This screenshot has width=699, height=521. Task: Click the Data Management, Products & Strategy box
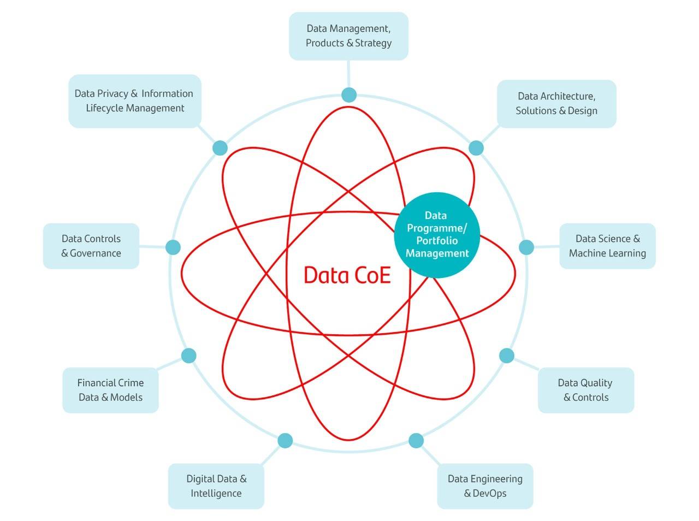[348, 36]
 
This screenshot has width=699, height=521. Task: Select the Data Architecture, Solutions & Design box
[556, 104]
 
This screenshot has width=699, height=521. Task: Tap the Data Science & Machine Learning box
[607, 246]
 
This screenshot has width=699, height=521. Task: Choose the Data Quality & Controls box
[585, 390]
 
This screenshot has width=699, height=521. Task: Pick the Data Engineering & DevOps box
[485, 486]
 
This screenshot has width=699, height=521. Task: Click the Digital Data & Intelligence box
[216, 486]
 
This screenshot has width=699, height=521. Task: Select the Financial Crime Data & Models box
[110, 390]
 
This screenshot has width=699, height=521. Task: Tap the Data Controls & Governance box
[91, 246]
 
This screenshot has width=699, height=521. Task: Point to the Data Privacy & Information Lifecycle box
[134, 101]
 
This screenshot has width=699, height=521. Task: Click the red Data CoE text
[347, 275]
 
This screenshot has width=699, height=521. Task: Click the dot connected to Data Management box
[349, 95]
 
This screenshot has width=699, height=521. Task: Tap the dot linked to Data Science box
[526, 247]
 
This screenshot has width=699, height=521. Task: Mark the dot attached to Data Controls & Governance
[173, 247]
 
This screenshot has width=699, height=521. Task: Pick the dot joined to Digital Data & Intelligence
[285, 440]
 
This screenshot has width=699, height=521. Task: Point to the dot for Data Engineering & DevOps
[416, 440]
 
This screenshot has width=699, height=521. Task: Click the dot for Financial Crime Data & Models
[188, 356]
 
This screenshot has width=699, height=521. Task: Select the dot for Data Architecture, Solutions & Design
[476, 148]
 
